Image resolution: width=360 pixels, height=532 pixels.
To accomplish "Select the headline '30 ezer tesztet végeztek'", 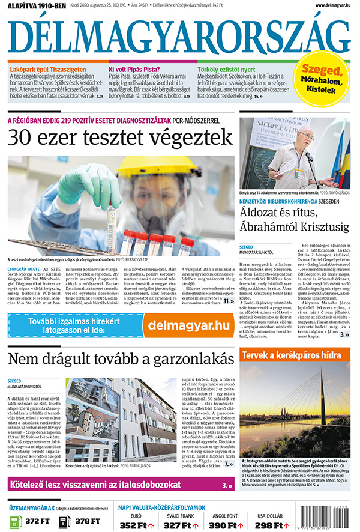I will click(119, 137).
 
